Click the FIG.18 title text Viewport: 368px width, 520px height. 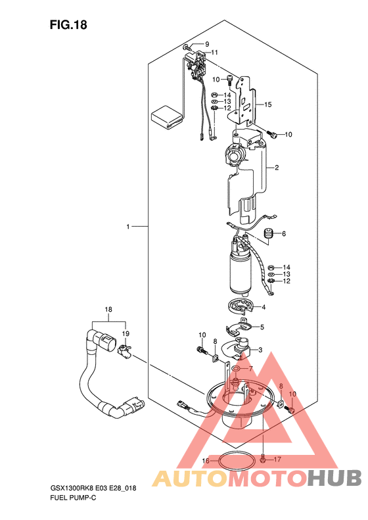pos(68,25)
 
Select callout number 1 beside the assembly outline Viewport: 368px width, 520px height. pos(128,227)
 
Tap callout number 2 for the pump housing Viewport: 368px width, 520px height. pos(277,168)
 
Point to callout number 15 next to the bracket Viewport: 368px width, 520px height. pos(268,105)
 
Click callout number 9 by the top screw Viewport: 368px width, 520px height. pos(207,44)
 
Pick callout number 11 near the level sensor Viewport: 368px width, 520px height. pos(214,53)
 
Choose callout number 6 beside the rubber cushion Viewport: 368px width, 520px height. pos(284,234)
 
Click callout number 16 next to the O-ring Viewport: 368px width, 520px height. pos(206,461)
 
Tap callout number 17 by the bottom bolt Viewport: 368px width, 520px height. pos(277,460)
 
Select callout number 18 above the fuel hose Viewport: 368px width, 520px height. pos(108,310)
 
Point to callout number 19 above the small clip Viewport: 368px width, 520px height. pos(126,334)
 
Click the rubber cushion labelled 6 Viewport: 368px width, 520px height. pos(268,233)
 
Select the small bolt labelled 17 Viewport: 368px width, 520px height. pos(263,460)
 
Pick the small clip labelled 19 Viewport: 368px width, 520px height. pos(125,351)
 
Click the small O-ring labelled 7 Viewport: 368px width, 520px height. pos(236,369)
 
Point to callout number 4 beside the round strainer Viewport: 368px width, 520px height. pos(264,308)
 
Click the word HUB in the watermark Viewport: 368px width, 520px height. pos(334,478)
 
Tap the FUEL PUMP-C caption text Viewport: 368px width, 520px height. pos(73,498)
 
